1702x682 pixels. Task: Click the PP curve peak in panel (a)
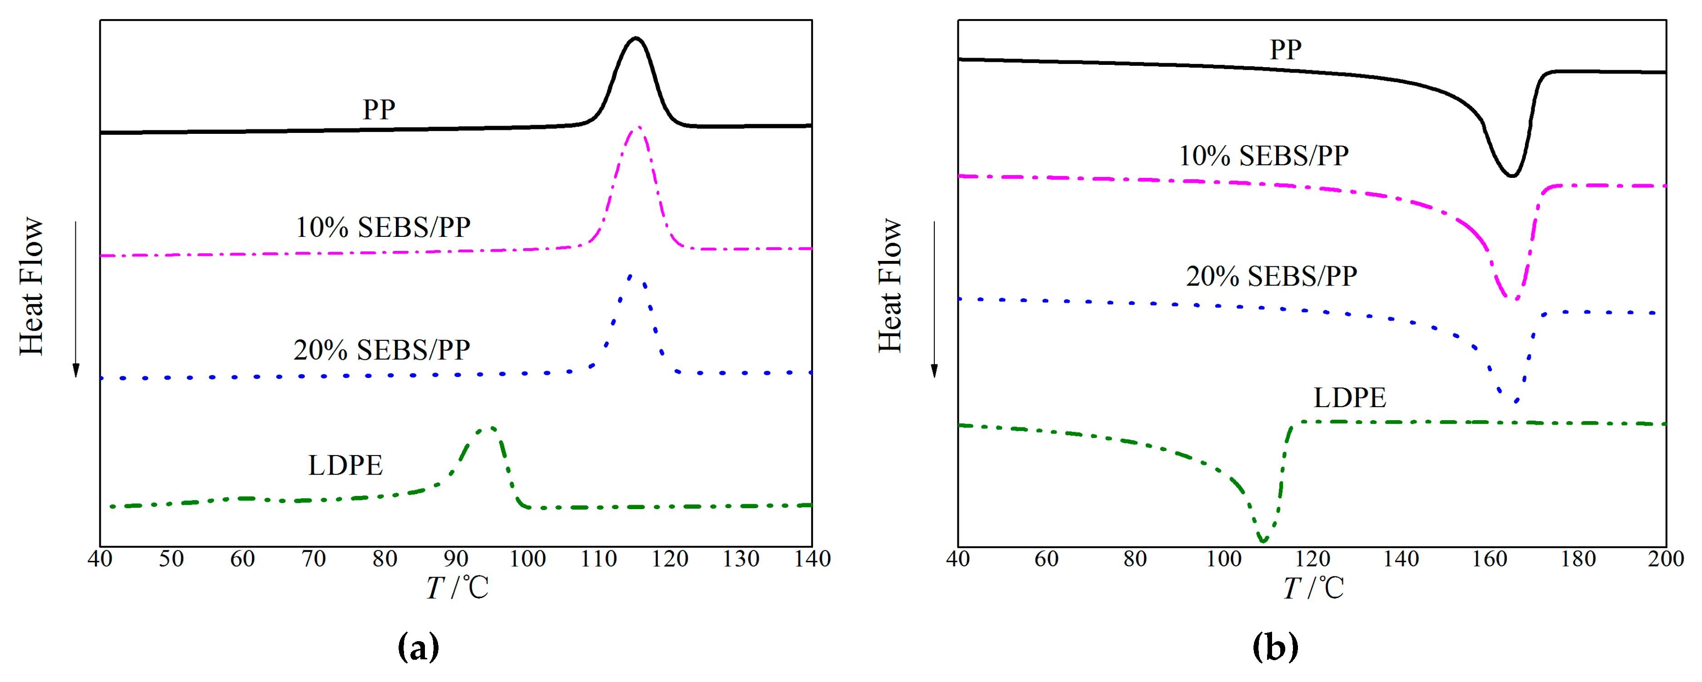[x=636, y=38]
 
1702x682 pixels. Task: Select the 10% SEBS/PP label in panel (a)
[x=383, y=227]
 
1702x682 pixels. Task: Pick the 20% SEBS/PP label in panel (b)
[x=1271, y=276]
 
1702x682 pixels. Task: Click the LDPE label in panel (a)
[x=345, y=466]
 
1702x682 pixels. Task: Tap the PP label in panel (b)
[x=1285, y=49]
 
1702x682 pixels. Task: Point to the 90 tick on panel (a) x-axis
[x=456, y=559]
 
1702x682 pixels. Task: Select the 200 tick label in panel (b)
[x=1665, y=559]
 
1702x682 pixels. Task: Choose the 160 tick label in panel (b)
[x=1489, y=559]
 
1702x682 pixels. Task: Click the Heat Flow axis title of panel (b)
[x=890, y=285]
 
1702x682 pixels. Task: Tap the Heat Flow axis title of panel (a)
[x=31, y=285]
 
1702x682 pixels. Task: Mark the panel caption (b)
[x=1274, y=647]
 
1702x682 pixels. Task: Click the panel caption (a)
[x=418, y=647]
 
